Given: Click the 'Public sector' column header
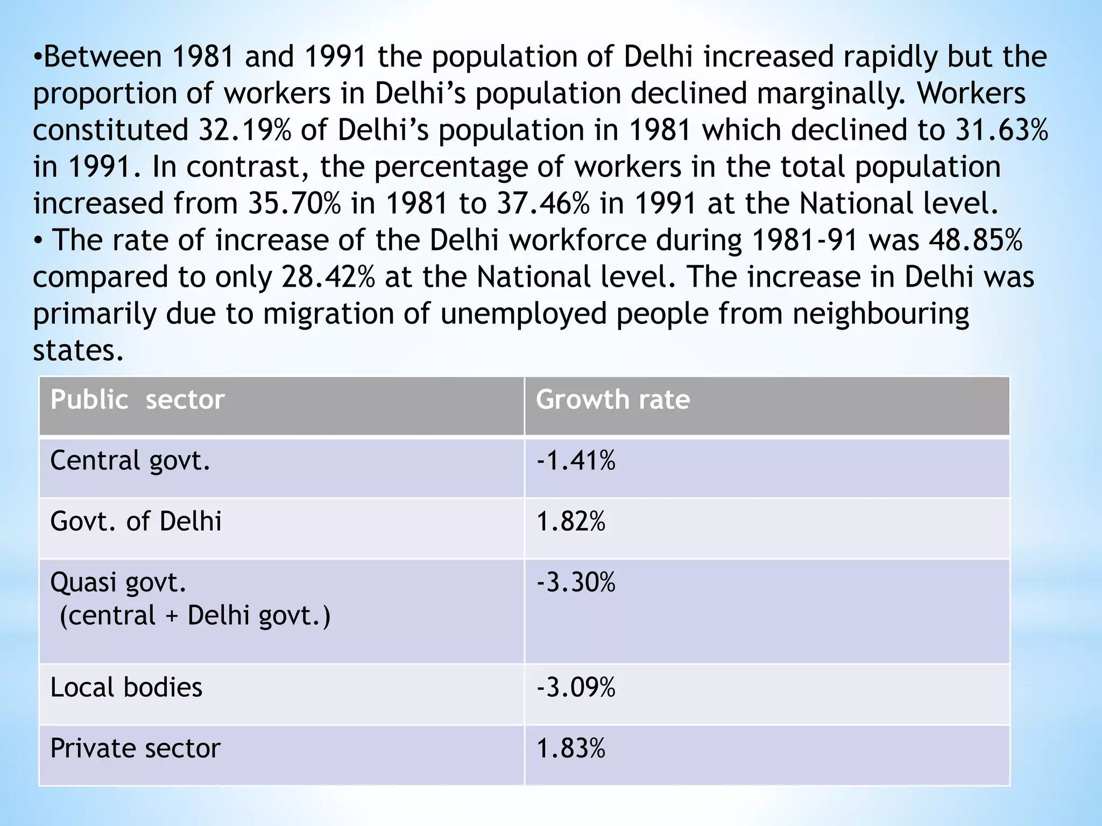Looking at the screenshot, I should pyautogui.click(x=137, y=400).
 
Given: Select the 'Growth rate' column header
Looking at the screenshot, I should pyautogui.click(x=612, y=400).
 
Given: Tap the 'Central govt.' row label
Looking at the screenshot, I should pyautogui.click(x=130, y=461).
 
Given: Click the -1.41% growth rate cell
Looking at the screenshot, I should pyautogui.click(x=576, y=461).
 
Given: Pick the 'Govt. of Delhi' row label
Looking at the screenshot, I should pyautogui.click(x=136, y=522).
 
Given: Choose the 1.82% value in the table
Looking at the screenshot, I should pyautogui.click(x=570, y=522).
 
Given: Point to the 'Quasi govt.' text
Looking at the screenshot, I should pyautogui.click(x=118, y=582).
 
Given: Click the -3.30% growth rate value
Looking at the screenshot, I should pyautogui.click(x=576, y=582).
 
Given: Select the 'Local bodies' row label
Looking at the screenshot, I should pyautogui.click(x=126, y=688).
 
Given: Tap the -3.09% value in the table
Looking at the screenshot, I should pyautogui.click(x=576, y=688).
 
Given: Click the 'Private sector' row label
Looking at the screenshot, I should pyautogui.click(x=135, y=749).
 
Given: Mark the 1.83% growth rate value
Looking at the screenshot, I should pyautogui.click(x=570, y=749).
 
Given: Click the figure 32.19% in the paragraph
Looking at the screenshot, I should pyautogui.click(x=245, y=131).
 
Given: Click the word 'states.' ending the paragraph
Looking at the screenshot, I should pyautogui.click(x=79, y=351).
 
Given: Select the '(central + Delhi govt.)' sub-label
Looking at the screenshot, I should pyautogui.click(x=195, y=616).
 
